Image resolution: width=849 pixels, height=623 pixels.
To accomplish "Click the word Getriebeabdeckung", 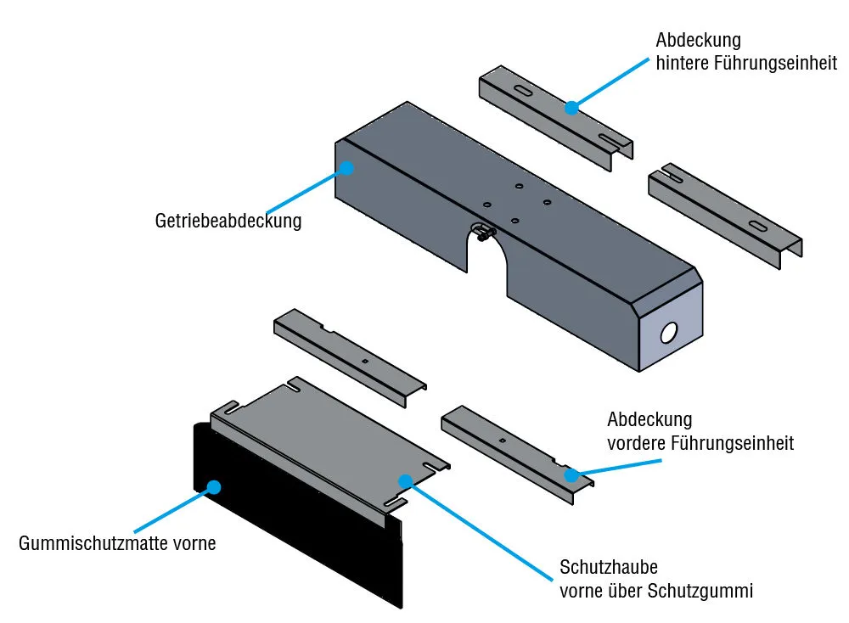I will [x=228, y=222].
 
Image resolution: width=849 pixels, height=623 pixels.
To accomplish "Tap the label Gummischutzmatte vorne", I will [x=117, y=542].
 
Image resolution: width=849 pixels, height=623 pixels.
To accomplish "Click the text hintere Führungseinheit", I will [x=746, y=63].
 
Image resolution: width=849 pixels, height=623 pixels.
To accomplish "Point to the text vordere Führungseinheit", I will [x=700, y=442].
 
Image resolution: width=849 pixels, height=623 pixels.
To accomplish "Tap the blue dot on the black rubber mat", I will [x=214, y=487].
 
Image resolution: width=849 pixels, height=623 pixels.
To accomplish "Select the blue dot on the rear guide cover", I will [x=571, y=108].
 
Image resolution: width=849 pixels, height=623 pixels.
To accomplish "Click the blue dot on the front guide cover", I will [x=571, y=475].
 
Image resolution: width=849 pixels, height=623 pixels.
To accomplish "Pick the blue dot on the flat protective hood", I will [x=406, y=481].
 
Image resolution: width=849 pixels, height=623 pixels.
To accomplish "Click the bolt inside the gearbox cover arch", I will [x=482, y=231].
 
